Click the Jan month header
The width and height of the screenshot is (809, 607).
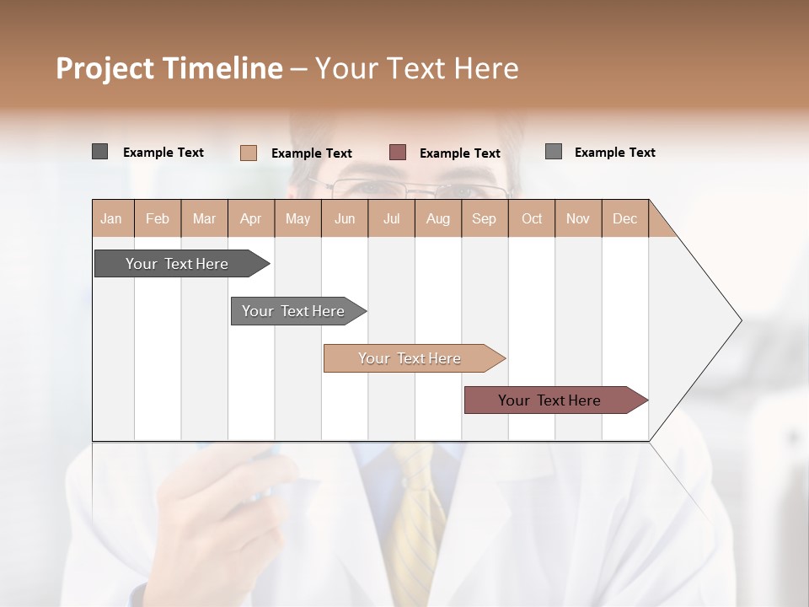tap(112, 218)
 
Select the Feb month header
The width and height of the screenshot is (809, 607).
tap(158, 218)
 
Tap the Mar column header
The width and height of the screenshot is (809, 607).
tap(204, 218)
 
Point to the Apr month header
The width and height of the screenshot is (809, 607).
tap(251, 218)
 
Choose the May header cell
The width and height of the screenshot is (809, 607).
tap(297, 218)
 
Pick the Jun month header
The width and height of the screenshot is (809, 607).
tap(345, 218)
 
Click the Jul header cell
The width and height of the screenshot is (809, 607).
tap(391, 218)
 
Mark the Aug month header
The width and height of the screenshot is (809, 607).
tap(438, 218)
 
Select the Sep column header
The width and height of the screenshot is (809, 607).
tap(485, 218)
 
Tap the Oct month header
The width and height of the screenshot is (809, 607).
tap(532, 218)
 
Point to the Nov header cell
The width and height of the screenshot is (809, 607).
tap(578, 218)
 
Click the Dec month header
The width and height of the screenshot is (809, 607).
tap(624, 218)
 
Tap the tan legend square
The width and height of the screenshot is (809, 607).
tap(249, 153)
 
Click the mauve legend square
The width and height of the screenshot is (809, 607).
tap(398, 152)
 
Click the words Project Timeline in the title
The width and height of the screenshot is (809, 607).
tap(169, 68)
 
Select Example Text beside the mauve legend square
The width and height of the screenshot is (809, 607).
tap(459, 153)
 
